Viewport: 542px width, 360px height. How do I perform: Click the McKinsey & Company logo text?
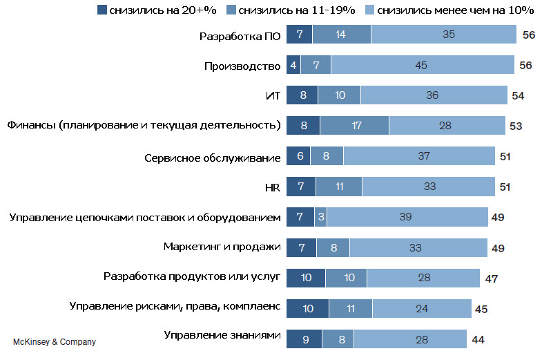point(54,342)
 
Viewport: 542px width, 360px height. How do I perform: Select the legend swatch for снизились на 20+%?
point(104,10)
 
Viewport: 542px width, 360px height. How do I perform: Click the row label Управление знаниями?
point(222,336)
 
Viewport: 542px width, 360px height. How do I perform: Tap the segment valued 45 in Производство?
point(423,66)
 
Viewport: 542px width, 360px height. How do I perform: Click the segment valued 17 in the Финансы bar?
point(354,126)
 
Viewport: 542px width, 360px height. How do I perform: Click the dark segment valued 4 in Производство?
point(293,66)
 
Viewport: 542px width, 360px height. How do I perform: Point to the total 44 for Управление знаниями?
point(478,339)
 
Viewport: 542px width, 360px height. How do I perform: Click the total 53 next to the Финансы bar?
point(515,126)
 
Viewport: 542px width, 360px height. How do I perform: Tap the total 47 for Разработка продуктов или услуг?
point(491,278)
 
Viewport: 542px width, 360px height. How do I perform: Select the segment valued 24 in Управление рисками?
point(421,308)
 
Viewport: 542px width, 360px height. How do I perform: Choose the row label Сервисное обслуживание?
point(212,158)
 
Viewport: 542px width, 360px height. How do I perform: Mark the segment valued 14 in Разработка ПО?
point(341,35)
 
